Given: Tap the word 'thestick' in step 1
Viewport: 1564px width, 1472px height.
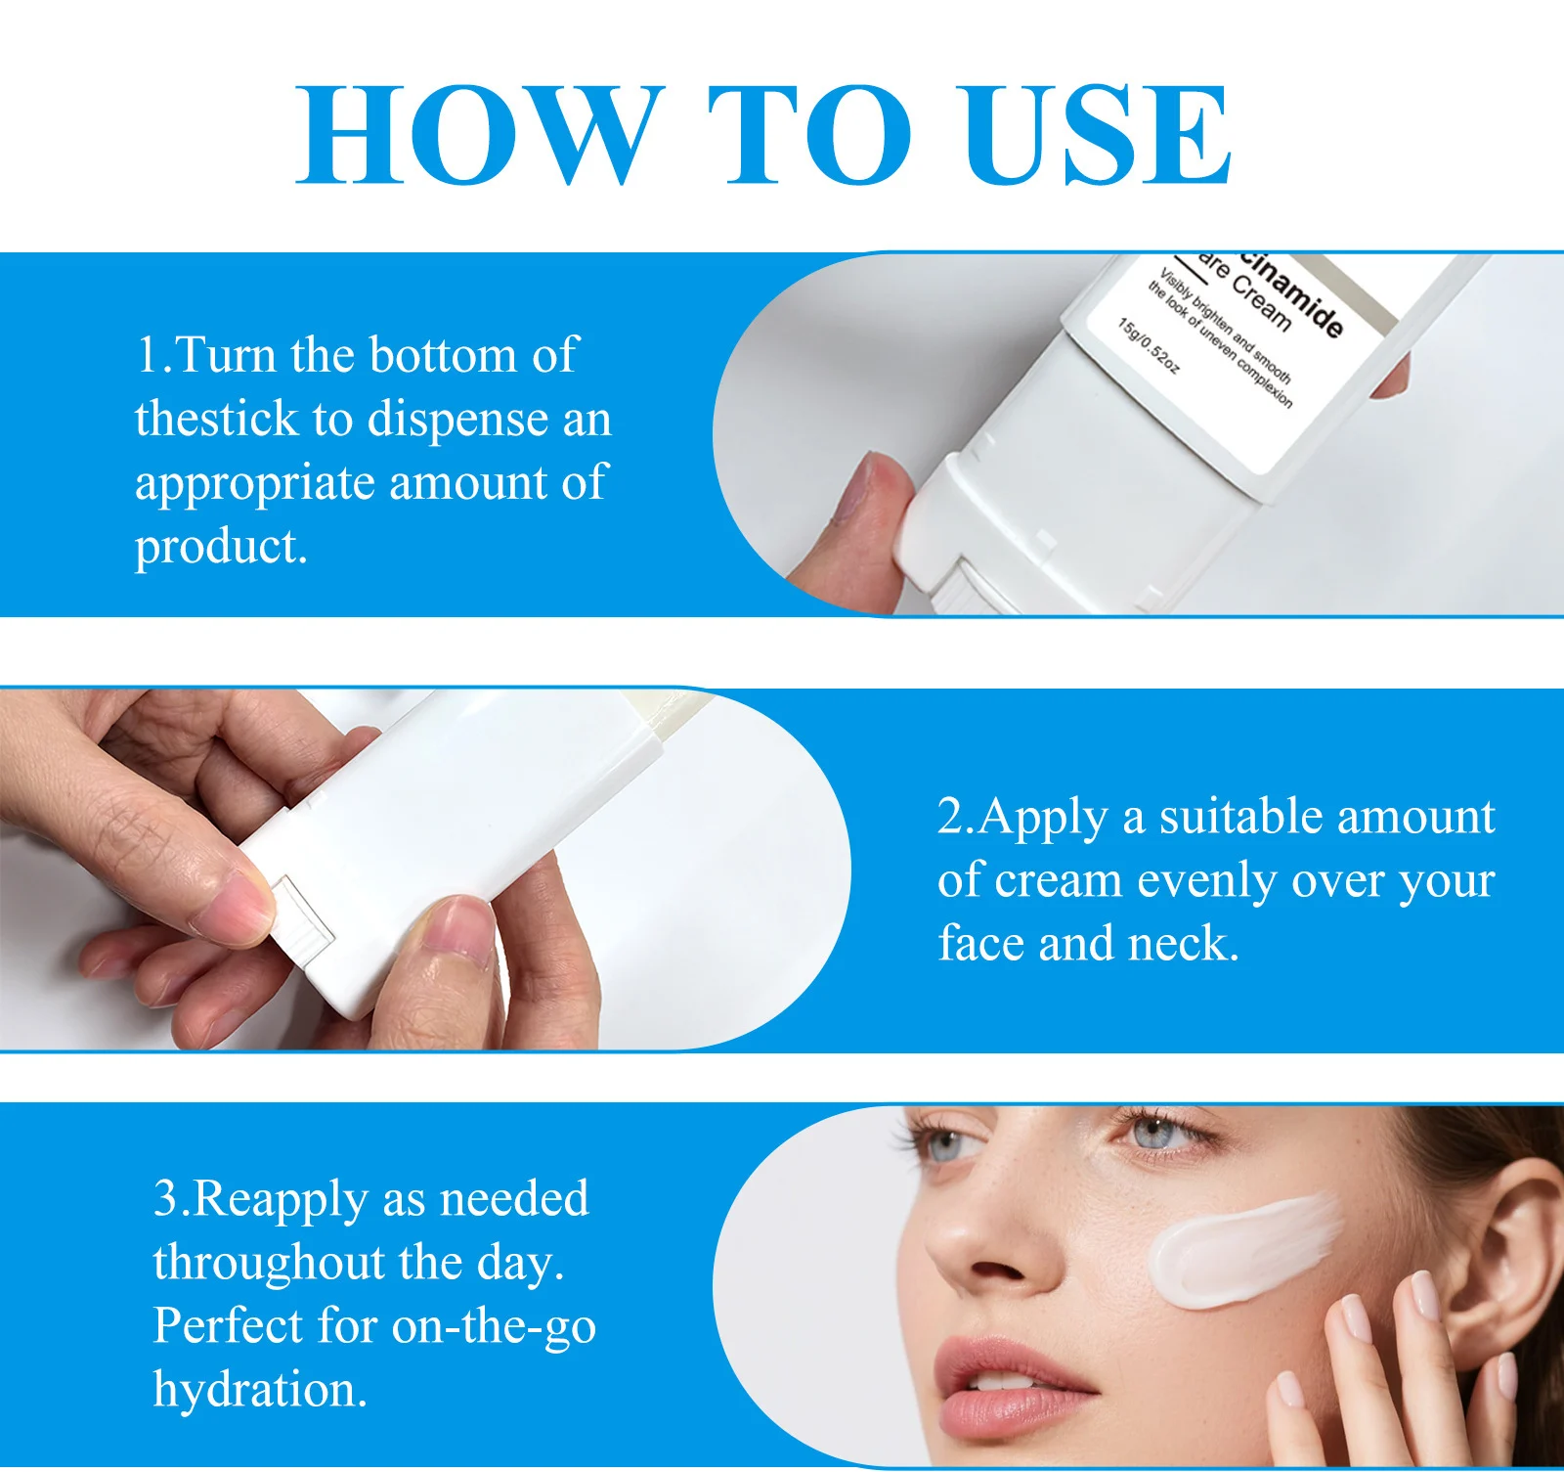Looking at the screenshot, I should point(216,419).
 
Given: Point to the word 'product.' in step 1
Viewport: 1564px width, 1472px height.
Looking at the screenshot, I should point(221,546).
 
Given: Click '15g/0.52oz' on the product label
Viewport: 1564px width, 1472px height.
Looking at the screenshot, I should point(1149,345).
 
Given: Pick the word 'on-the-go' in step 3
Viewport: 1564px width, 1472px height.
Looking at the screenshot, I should point(494,1327).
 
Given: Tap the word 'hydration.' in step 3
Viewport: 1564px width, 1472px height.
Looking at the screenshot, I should point(260,1390).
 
